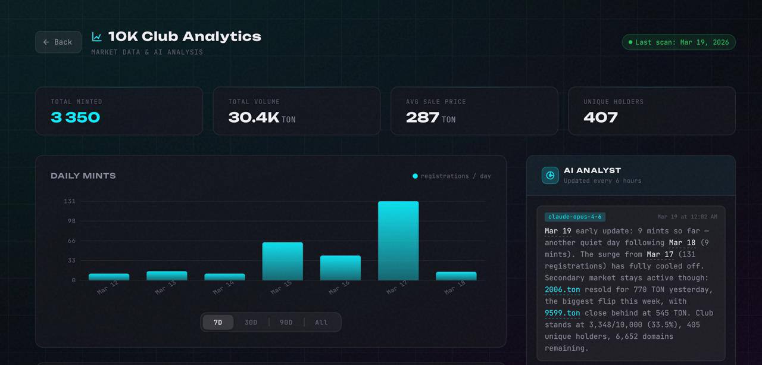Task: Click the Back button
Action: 58,42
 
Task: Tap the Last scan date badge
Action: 679,42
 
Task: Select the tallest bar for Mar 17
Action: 398,241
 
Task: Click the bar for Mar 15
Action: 282,261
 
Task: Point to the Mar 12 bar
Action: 109,277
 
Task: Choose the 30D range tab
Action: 251,322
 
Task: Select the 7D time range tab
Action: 218,322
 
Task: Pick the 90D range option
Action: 286,322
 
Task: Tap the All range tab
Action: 321,322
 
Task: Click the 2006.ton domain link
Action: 563,290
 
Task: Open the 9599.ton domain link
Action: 563,313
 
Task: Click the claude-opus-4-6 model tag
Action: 575,217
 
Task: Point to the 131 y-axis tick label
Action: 70,201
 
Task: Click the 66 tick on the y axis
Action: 71,241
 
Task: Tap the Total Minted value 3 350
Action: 75,118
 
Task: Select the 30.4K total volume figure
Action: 254,118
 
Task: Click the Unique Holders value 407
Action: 601,118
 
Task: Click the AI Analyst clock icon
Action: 550,176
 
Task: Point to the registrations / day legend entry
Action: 451,176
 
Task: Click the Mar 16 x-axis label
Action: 339,288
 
